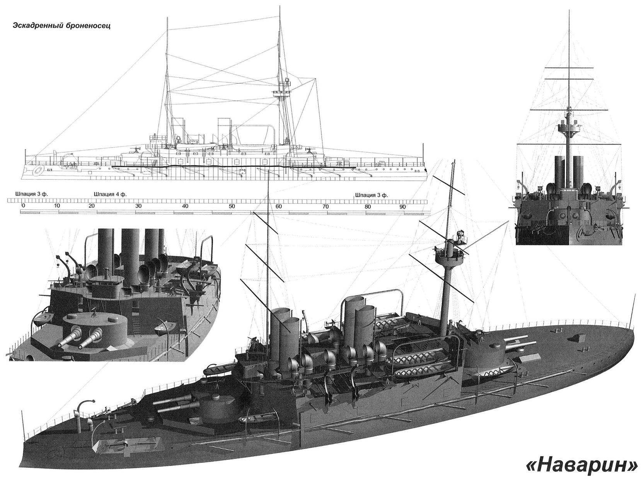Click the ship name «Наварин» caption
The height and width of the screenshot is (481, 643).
pos(583,466)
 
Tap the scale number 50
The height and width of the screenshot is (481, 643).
pos(232,206)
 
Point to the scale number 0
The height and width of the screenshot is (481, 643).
pos(23,206)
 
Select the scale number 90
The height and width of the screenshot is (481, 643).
pos(403,207)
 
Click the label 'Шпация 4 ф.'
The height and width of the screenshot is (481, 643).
pos(110,194)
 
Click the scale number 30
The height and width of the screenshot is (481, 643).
pos(138,206)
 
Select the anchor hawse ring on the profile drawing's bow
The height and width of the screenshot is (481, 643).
pos(38,170)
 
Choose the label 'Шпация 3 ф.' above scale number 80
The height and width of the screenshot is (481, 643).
pos(371,195)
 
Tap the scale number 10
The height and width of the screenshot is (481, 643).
pos(57,206)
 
